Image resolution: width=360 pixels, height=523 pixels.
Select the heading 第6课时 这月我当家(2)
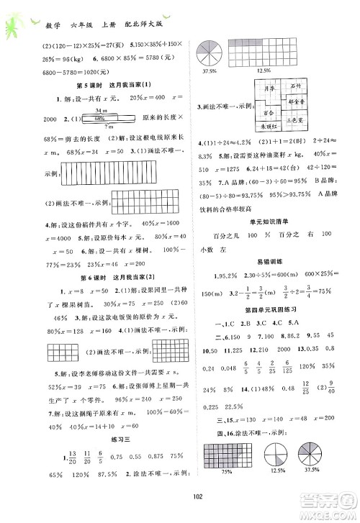pos(90,257)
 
